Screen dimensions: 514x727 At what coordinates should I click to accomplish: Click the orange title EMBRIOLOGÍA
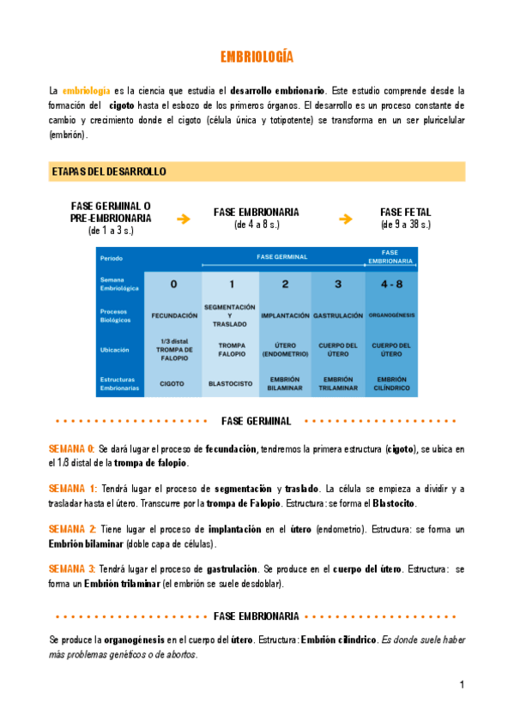257,57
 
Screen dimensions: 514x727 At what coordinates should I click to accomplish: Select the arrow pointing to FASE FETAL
346,219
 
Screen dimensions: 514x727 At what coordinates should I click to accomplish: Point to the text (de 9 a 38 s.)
406,225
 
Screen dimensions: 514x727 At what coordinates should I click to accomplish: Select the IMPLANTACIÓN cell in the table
284,315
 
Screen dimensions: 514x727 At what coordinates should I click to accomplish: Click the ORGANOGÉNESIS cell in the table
391,315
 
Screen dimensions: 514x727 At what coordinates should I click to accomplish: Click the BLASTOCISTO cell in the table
230,383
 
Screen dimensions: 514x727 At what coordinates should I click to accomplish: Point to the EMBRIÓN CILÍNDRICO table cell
391,383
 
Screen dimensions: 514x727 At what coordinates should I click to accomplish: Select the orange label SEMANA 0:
71,448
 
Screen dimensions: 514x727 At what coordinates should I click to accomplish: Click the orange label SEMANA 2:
72,530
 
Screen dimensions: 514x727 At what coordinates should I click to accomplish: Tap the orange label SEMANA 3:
72,569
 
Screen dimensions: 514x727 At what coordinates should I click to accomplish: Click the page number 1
462,685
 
